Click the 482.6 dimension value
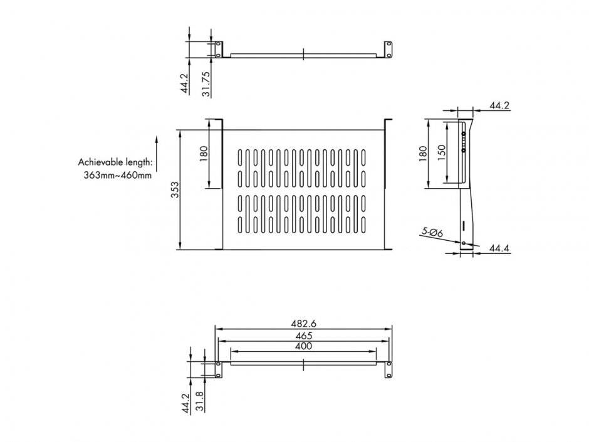coord(303,324)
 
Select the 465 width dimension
coord(303,336)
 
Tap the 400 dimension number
coord(303,346)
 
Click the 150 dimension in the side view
coord(442,151)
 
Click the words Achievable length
coord(116,161)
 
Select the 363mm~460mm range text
coord(118,176)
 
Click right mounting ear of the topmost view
coord(388,50)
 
